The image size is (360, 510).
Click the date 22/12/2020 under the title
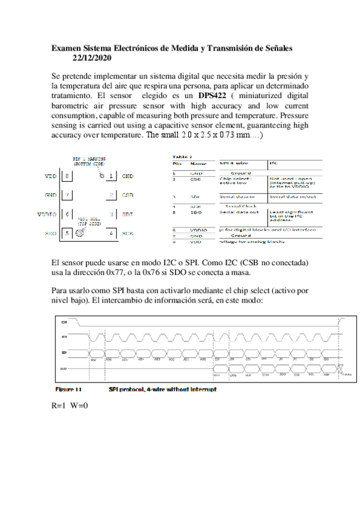click(91, 58)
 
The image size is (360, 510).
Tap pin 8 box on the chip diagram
click(66, 176)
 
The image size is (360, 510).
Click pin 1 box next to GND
click(111, 176)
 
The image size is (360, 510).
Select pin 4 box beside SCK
click(111, 233)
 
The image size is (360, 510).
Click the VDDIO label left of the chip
click(47, 214)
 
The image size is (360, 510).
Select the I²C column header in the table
click(274, 163)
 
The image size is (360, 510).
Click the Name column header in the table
click(198, 163)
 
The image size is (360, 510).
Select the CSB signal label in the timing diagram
click(64, 322)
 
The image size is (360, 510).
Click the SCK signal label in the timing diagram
click(64, 337)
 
